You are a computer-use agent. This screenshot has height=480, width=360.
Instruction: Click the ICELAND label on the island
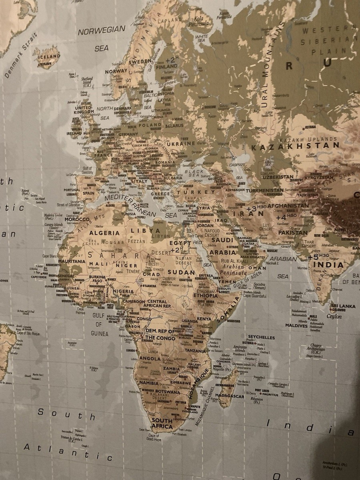49,57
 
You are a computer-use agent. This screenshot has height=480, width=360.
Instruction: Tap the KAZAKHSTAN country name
295,146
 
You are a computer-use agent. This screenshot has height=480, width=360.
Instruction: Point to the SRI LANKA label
344,306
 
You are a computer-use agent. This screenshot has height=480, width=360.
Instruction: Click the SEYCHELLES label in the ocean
261,337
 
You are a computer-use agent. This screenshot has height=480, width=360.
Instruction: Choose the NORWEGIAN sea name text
101,30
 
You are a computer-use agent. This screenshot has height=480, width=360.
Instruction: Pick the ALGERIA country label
104,233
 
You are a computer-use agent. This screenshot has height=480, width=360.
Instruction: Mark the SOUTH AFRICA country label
162,424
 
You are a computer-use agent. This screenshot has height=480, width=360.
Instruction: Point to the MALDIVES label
296,326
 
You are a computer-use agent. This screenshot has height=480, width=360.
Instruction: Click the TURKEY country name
199,192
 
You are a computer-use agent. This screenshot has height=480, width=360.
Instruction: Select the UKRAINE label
181,143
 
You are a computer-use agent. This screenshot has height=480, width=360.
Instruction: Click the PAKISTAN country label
293,232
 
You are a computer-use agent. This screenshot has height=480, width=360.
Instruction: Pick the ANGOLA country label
150,359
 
